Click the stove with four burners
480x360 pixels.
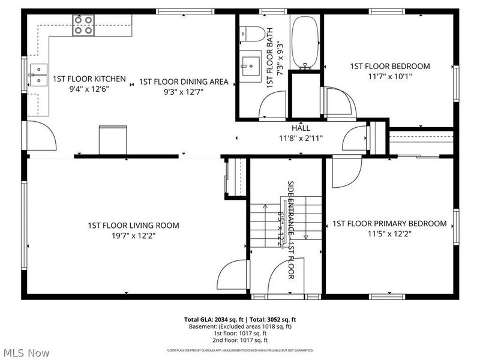coord(84,24)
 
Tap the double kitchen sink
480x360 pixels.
coord(38,74)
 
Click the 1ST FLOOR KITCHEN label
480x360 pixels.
coord(89,79)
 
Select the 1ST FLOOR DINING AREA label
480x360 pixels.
coord(184,82)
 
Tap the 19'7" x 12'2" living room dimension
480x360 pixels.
coord(133,235)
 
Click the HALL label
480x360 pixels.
coord(301,128)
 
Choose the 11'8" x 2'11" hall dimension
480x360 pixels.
coord(301,138)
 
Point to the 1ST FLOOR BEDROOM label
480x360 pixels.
coord(390,66)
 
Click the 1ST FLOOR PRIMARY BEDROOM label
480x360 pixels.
coord(389,224)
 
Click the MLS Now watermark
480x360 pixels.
coord(26,353)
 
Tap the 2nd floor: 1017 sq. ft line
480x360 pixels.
coord(239,340)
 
